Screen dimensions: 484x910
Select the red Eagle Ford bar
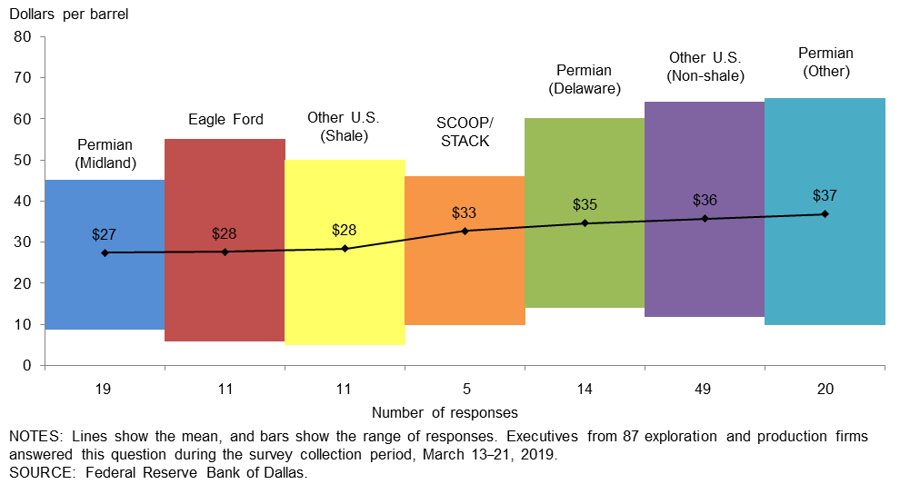pos(225,300)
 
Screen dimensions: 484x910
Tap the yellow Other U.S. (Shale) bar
pos(345,300)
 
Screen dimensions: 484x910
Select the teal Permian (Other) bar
pos(825,272)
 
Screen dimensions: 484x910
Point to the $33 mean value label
pos(465,213)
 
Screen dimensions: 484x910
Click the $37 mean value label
pos(825,195)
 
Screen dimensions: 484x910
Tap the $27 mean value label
pos(105,234)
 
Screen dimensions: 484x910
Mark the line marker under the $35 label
pos(585,222)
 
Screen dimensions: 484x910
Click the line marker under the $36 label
pos(705,218)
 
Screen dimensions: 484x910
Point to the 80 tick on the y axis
pos(23,37)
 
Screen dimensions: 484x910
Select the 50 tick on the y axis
pos(23,160)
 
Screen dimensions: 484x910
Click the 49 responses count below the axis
pos(705,389)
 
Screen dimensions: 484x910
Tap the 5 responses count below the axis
pos(465,389)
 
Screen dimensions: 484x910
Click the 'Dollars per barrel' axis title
pos(70,14)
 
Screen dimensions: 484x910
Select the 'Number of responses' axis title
pos(445,412)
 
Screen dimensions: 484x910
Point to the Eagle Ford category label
pos(225,119)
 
